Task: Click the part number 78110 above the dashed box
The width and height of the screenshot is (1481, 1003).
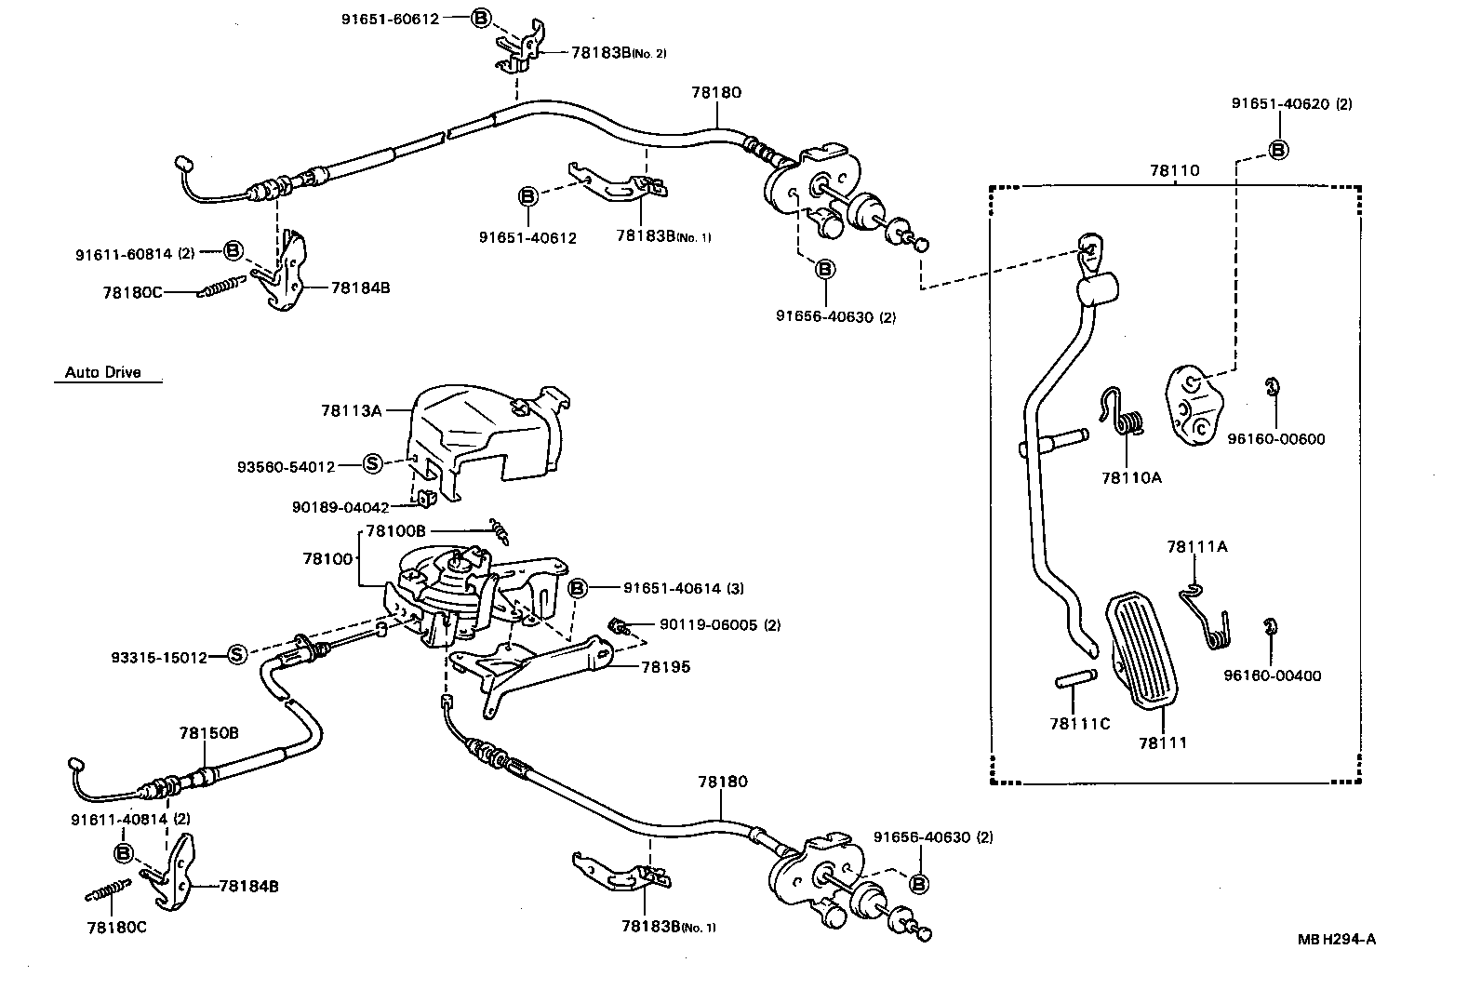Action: coord(1174,170)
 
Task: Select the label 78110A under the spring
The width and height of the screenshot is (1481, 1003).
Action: coord(1131,477)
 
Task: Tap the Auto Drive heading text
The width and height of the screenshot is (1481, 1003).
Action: coord(102,372)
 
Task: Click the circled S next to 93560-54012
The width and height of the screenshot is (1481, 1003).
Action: coord(372,463)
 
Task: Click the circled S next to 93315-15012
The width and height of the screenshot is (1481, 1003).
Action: coord(237,654)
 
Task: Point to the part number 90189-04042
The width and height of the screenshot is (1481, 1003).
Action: coord(340,507)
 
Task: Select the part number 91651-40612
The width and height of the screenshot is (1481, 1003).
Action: coord(527,237)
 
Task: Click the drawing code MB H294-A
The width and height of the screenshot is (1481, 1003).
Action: coord(1336,938)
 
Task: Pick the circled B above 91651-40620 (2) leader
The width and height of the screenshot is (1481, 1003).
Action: coord(1278,149)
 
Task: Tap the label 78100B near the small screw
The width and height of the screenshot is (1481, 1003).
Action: coord(395,530)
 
